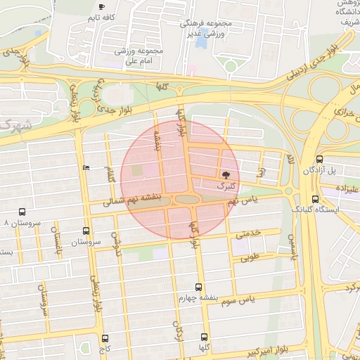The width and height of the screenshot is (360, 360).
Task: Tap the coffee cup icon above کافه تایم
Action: tap(103, 6)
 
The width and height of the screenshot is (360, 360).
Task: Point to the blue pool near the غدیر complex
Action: tap(202, 41)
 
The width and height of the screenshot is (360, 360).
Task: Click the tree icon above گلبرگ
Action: tap(226, 175)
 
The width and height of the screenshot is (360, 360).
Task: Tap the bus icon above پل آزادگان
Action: tap(320, 160)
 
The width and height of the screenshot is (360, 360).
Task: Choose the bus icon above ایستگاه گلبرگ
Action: tap(315, 198)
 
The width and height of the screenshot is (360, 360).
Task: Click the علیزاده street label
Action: tap(344, 189)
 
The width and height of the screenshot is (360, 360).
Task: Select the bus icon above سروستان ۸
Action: tap(22, 211)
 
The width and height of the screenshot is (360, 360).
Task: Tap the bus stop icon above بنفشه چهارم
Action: tap(199, 287)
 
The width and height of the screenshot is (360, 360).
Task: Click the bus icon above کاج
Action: tap(105, 338)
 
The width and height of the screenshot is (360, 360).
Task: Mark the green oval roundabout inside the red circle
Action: tap(186, 200)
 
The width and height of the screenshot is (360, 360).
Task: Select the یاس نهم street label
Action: tap(243, 201)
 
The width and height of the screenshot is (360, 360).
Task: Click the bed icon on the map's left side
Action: tap(86, 167)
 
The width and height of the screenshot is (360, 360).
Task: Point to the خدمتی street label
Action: tap(247, 233)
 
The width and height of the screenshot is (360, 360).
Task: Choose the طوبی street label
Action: tap(250, 257)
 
